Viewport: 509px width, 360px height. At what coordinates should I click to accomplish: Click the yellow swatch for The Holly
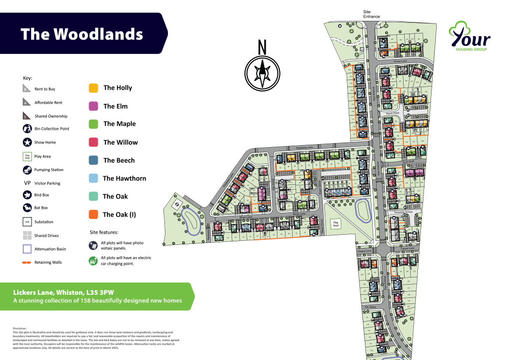pyautogui.click(x=93, y=88)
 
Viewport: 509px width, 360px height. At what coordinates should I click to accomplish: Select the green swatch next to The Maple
pyautogui.click(x=93, y=124)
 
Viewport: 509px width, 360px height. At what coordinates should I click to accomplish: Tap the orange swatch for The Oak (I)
pyautogui.click(x=93, y=215)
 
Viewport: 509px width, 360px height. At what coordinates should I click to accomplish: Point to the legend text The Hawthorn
pyautogui.click(x=124, y=179)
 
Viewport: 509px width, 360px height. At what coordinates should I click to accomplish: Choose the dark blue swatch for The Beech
pyautogui.click(x=93, y=160)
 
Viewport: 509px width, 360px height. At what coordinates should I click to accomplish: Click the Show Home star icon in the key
pyautogui.click(x=27, y=142)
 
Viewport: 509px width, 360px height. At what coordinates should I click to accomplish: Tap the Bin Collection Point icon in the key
pyautogui.click(x=27, y=129)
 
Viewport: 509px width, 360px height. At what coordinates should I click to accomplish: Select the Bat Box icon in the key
pyautogui.click(x=27, y=208)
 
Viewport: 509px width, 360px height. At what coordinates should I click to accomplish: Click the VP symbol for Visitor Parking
pyautogui.click(x=27, y=183)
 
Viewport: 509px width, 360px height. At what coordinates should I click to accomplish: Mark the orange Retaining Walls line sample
pyautogui.click(x=27, y=263)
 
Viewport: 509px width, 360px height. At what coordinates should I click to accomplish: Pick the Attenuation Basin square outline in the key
pyautogui.click(x=27, y=249)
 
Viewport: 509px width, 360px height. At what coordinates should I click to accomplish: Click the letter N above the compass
pyautogui.click(x=263, y=47)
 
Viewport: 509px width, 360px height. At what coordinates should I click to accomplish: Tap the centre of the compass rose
pyautogui.click(x=263, y=73)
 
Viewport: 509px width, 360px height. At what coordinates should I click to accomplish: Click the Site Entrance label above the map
pyautogui.click(x=371, y=14)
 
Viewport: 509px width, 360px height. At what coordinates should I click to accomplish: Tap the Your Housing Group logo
pyautogui.click(x=469, y=36)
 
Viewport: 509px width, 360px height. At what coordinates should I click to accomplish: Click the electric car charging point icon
pyautogui.click(x=93, y=261)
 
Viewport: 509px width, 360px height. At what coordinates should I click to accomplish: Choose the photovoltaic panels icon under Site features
pyautogui.click(x=93, y=246)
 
